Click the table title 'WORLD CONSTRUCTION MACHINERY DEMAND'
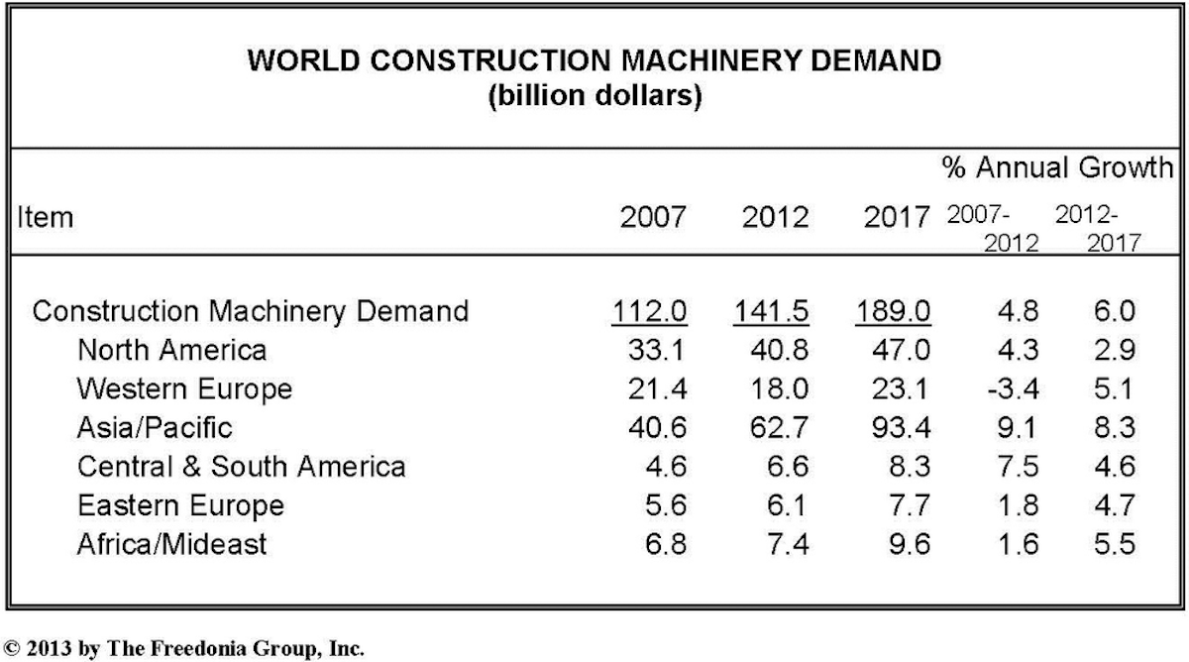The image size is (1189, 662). (594, 61)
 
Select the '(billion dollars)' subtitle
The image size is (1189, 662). (594, 100)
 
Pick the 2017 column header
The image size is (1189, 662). (896, 217)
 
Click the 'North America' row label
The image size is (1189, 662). (171, 350)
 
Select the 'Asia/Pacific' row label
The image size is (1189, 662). (155, 427)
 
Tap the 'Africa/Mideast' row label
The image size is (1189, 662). (171, 543)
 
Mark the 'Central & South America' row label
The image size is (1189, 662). (241, 466)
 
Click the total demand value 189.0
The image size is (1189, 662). (893, 311)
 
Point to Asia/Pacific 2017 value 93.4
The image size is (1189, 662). (898, 427)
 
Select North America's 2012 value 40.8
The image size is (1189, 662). (776, 350)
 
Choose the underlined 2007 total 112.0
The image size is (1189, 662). (649, 311)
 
